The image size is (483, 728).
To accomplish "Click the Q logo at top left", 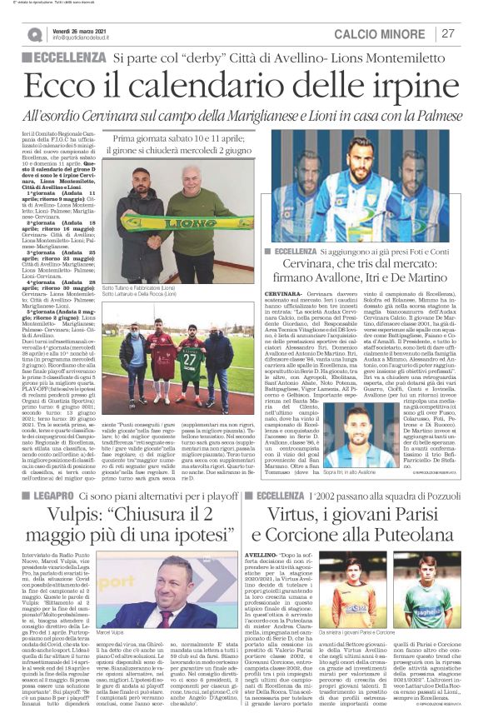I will (34, 34).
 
